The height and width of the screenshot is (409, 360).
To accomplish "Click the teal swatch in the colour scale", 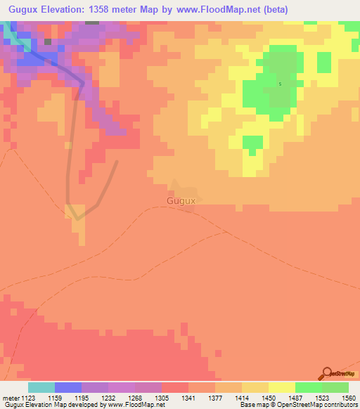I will (x=41, y=387).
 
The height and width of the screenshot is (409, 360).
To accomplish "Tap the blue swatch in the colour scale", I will (x=68, y=387).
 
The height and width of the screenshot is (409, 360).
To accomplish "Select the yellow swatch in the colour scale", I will (x=282, y=387).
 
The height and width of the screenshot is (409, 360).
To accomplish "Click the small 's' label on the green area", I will (x=280, y=84).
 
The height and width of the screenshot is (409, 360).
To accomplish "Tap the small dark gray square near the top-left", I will (x=48, y=41).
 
